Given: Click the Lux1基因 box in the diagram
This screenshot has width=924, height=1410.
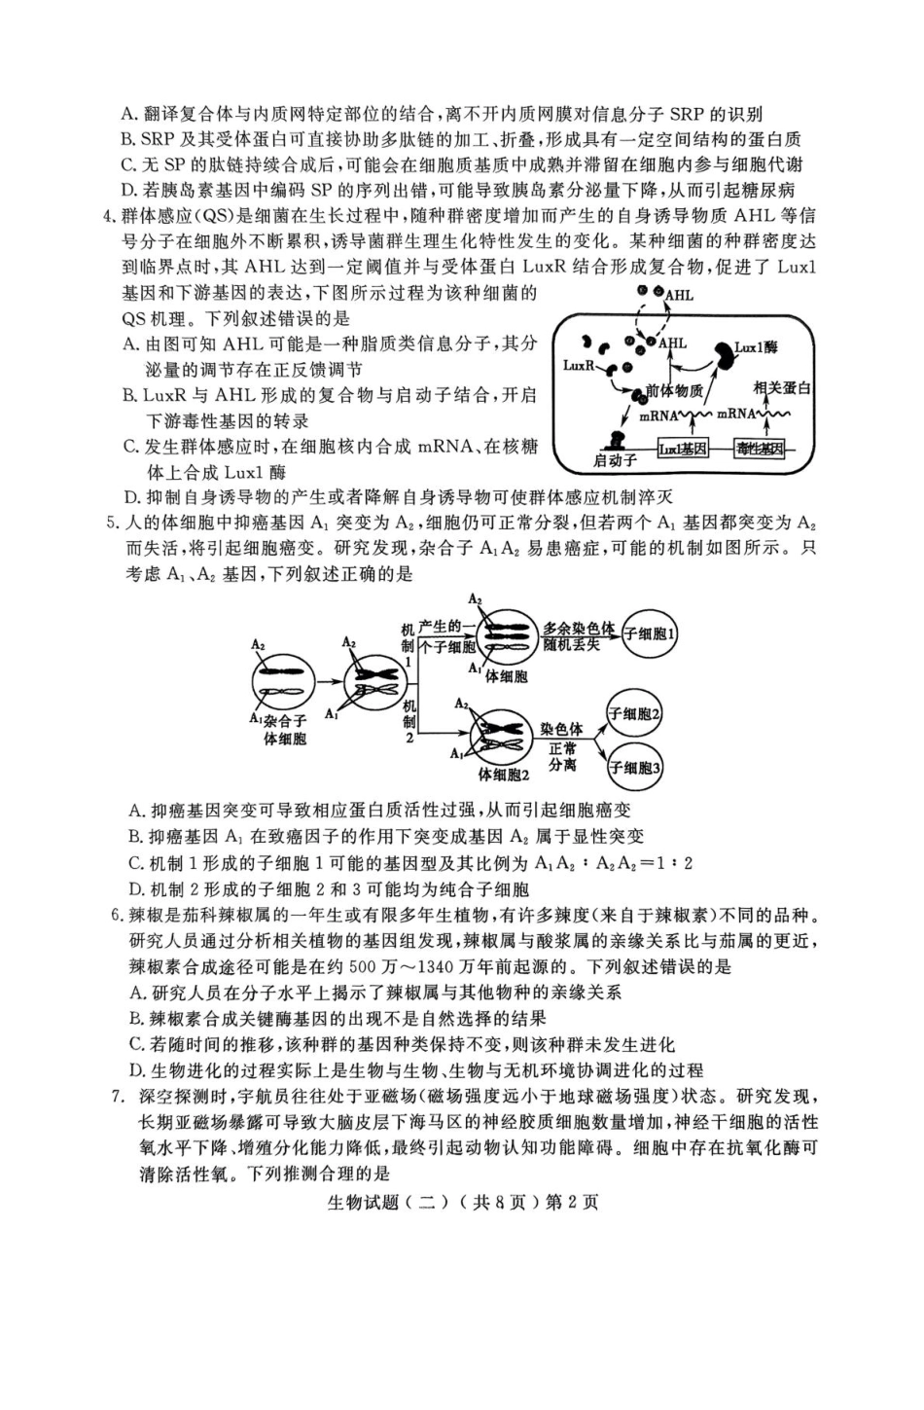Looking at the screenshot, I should coord(683,449).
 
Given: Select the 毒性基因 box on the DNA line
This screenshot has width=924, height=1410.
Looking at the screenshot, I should coord(761,449).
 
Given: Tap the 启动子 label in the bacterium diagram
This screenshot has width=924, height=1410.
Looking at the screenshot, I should coord(615,459).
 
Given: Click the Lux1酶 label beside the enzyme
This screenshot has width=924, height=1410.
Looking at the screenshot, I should coord(756,346).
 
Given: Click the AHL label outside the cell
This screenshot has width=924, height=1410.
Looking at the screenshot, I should coord(680,294).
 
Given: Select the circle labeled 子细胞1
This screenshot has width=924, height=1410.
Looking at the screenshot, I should coord(651,634).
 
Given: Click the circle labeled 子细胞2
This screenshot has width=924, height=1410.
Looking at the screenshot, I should coord(634,714).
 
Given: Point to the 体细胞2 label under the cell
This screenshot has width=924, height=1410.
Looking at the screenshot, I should coord(504,775).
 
